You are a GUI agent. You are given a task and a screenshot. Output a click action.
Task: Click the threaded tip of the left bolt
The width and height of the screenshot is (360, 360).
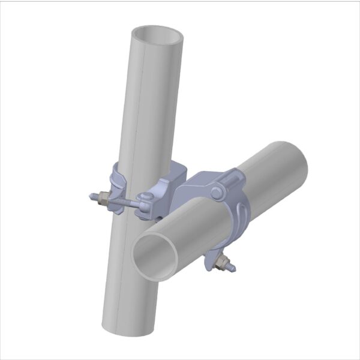click(x=91, y=196)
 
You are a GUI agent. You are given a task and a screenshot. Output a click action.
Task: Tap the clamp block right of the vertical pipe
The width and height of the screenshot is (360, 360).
click(x=173, y=180)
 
